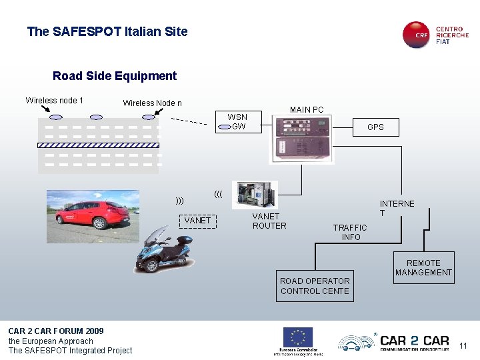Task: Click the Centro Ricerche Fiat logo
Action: tap(435, 35)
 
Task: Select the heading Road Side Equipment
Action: tap(115, 76)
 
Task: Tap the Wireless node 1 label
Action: tap(54, 101)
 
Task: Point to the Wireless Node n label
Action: tap(152, 103)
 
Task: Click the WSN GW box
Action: tap(237, 122)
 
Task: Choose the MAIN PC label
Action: tap(307, 110)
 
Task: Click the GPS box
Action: tap(375, 127)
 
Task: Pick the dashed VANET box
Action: tap(197, 220)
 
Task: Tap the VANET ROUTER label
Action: tap(269, 221)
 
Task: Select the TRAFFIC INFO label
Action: tap(351, 232)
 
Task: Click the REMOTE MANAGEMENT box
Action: tap(423, 267)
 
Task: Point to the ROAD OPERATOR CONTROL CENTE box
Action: tap(315, 286)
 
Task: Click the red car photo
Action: tap(93, 210)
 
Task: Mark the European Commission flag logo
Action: tap(298, 337)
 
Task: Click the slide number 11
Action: tap(464, 345)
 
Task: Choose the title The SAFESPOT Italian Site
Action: tap(107, 31)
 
